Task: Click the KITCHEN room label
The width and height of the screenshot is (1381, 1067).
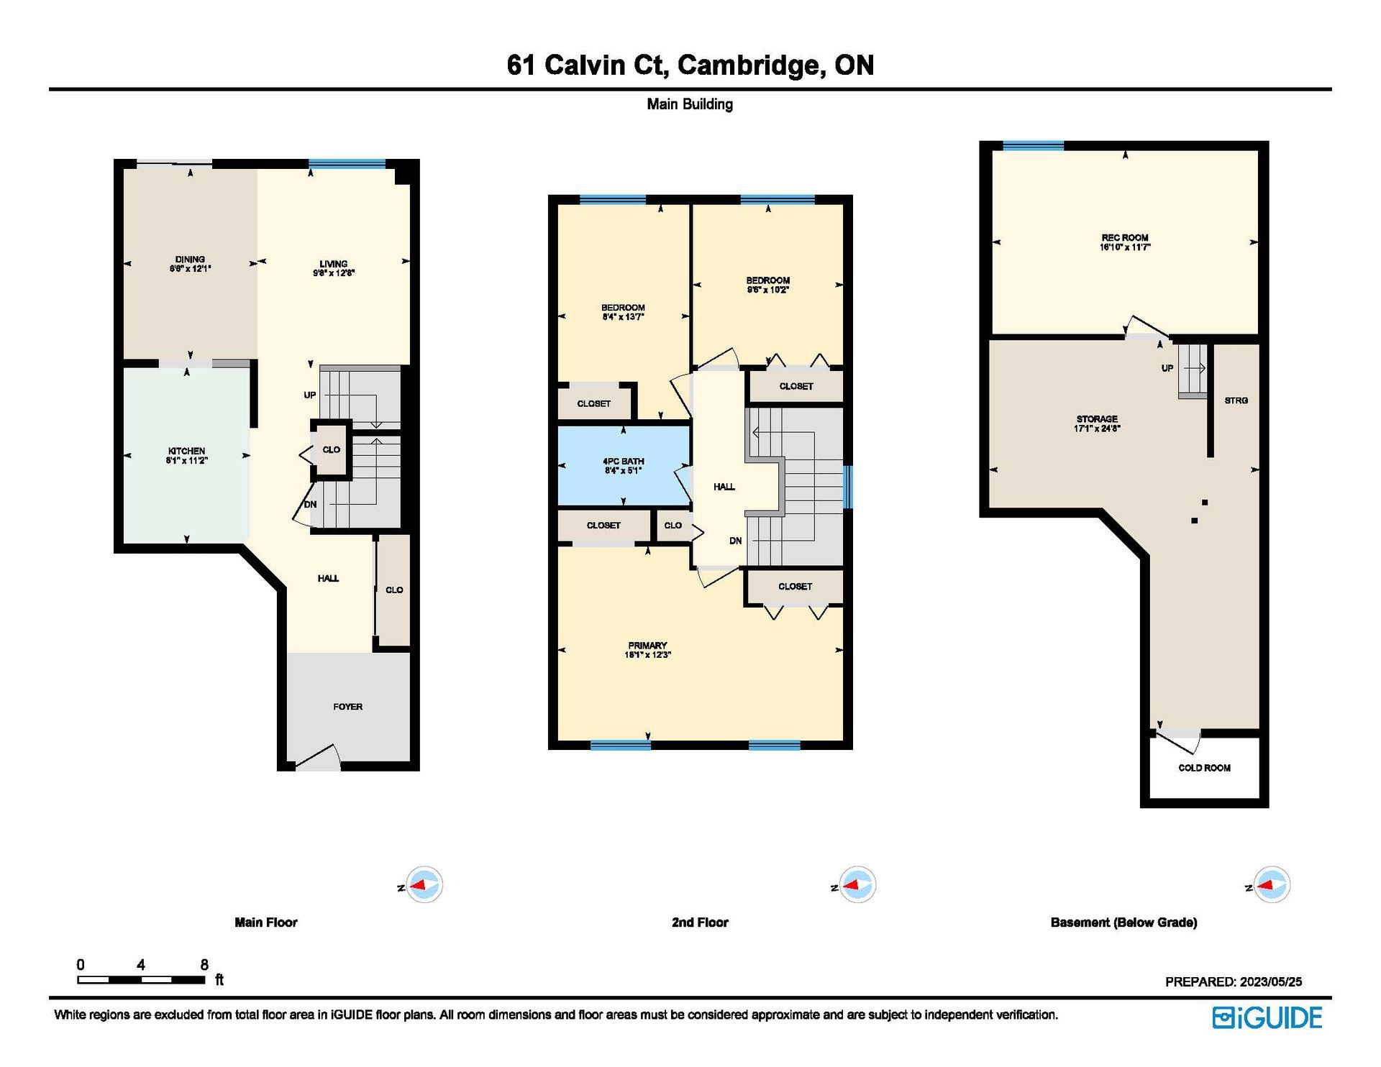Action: (x=186, y=451)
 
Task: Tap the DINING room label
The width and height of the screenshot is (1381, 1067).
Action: (x=190, y=259)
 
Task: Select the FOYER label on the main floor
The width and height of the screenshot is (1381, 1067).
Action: (x=347, y=707)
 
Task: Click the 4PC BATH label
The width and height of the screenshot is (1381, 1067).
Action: (x=623, y=462)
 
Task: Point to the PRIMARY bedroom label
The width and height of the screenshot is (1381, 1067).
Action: (x=647, y=646)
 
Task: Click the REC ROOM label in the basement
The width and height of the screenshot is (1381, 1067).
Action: (x=1125, y=238)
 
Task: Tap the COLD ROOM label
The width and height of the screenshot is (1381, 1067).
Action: (x=1204, y=768)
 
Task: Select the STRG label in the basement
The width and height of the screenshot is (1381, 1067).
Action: (x=1236, y=400)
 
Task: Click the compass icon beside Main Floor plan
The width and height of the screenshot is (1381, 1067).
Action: (x=424, y=885)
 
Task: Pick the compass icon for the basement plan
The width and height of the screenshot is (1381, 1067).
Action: (x=1272, y=885)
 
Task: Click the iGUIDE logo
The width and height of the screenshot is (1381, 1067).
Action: (x=1267, y=1017)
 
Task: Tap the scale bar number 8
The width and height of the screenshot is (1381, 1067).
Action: (x=204, y=964)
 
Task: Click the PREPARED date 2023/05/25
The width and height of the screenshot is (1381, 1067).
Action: (x=1269, y=981)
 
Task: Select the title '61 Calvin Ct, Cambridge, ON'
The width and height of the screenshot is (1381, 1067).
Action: (x=690, y=65)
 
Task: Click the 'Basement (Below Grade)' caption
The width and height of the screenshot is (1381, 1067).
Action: (x=1124, y=922)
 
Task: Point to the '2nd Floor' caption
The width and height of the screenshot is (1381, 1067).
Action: (x=700, y=922)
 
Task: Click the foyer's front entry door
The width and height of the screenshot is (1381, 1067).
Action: (x=317, y=758)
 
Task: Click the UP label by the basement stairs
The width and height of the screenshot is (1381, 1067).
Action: (x=1167, y=368)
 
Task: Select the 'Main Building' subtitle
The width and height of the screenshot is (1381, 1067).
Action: (x=690, y=104)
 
